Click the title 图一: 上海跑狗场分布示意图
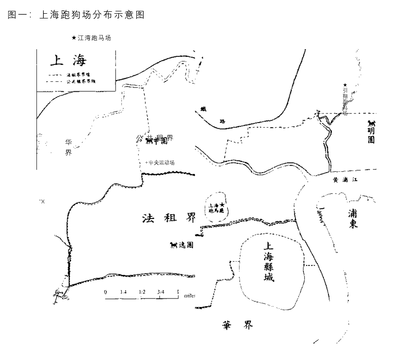point(76,15)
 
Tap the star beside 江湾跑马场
point(73,38)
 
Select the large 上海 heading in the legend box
point(68,61)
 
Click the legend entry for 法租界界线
point(78,75)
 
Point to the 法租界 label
point(169,218)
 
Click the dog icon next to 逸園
point(173,245)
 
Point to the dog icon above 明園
point(371,123)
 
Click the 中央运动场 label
point(161,163)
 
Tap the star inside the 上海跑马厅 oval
point(222,204)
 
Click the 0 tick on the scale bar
point(105,292)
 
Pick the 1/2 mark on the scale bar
point(142,292)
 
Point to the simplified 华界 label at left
point(69,147)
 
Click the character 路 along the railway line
point(222,121)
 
